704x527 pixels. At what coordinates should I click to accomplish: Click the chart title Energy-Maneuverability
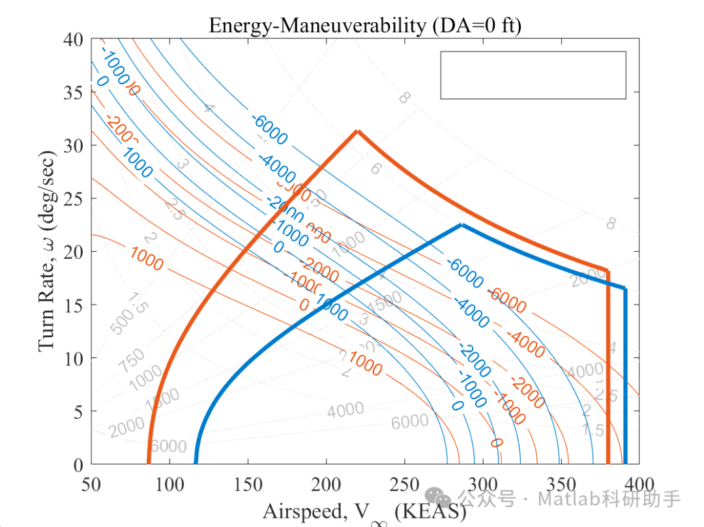click(366, 25)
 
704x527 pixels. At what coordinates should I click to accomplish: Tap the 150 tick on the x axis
click(248, 484)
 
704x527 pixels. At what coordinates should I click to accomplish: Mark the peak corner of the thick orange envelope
click(357, 131)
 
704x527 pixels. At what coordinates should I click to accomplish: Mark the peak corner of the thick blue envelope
click(462, 225)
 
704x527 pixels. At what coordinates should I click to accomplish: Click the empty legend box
click(533, 75)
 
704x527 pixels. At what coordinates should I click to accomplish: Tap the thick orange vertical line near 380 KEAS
click(608, 365)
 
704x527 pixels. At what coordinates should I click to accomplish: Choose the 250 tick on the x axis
click(404, 484)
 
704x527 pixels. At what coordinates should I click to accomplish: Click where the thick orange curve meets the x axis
click(149, 462)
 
